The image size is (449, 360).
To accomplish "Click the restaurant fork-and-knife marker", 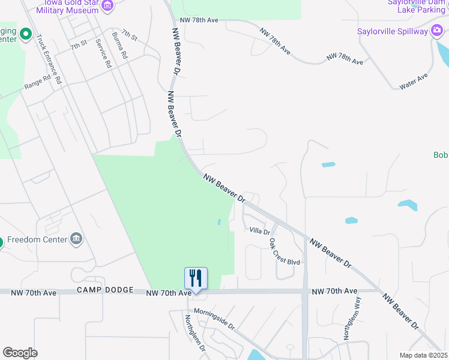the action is tap(196, 278).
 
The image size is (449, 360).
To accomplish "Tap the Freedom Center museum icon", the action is tap(76, 239).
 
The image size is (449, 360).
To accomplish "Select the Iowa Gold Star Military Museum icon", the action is tap(107, 7).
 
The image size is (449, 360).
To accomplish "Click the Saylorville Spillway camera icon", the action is tap(437, 31).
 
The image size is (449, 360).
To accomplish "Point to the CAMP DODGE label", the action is tap(105, 290).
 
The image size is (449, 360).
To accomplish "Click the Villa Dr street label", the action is tap(260, 230).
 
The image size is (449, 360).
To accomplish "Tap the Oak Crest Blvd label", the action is tap(283, 252).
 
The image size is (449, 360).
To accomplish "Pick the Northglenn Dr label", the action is tap(195, 333).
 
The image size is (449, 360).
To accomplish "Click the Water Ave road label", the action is tap(414, 82).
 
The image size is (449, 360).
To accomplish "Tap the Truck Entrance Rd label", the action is tap(49, 59).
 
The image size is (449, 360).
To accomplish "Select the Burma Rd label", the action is tap(120, 45).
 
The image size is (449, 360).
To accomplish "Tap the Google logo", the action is tap(20, 353).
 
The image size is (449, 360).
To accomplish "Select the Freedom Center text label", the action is tap(37, 239).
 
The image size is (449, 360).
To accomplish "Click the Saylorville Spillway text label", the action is tap(392, 31).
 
